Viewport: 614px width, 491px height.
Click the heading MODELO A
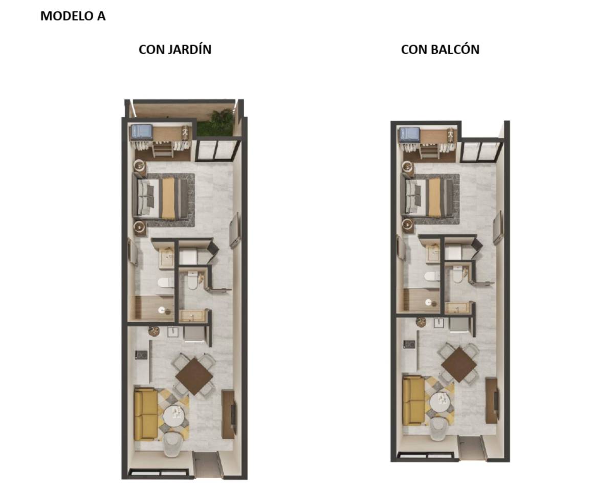(73, 16)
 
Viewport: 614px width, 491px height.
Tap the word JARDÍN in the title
(189, 49)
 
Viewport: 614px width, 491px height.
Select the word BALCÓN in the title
(455, 50)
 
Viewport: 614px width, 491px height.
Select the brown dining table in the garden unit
(194, 376)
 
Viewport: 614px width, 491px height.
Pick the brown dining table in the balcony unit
(459, 365)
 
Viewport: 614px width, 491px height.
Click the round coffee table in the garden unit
(174, 416)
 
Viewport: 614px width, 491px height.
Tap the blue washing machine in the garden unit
(142, 132)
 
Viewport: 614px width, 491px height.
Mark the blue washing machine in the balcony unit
(410, 135)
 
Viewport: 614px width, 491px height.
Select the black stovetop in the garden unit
(141, 354)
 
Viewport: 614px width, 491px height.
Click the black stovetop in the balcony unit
(409, 344)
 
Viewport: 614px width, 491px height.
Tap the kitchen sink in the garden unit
(173, 332)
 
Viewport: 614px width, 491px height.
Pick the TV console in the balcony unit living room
(492, 400)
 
